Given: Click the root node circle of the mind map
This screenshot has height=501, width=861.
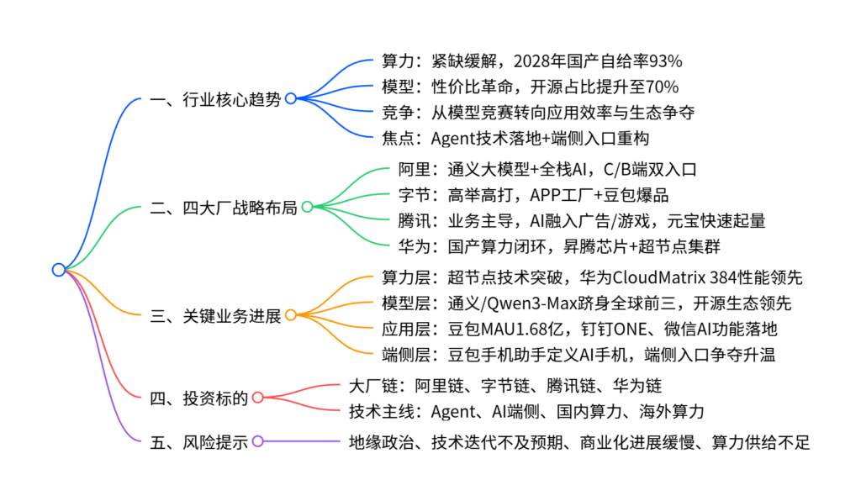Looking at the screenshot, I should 58,270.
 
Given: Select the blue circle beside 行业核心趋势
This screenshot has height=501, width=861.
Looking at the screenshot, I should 290,98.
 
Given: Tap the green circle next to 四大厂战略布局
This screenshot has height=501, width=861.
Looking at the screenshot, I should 307,207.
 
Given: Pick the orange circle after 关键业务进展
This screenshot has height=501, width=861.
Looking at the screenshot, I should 290,315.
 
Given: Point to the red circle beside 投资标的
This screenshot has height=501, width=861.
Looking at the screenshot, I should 257,398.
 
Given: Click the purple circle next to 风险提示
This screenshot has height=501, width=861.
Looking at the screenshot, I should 257,441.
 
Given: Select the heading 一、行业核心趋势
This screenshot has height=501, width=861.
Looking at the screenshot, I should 215,98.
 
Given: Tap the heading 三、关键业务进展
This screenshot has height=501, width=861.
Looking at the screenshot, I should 215,315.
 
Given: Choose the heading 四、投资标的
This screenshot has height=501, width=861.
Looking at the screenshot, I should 198,398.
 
